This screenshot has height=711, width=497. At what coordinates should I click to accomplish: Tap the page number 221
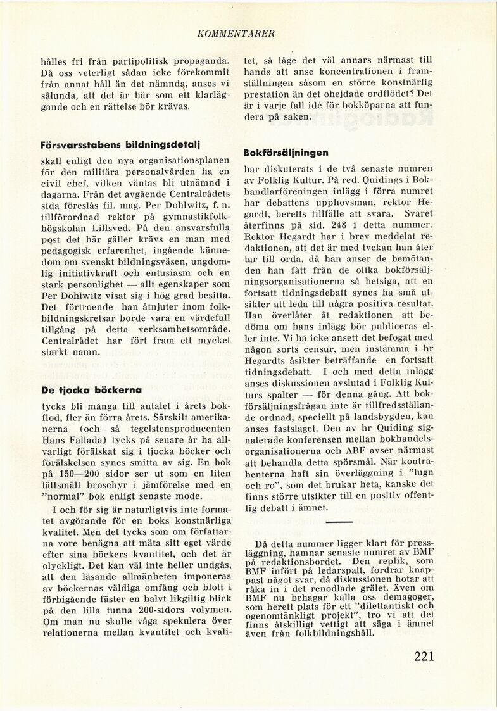(415, 655)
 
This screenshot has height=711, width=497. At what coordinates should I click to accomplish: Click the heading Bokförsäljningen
(286, 153)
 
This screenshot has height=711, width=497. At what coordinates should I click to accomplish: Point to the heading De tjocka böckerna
(91, 390)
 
